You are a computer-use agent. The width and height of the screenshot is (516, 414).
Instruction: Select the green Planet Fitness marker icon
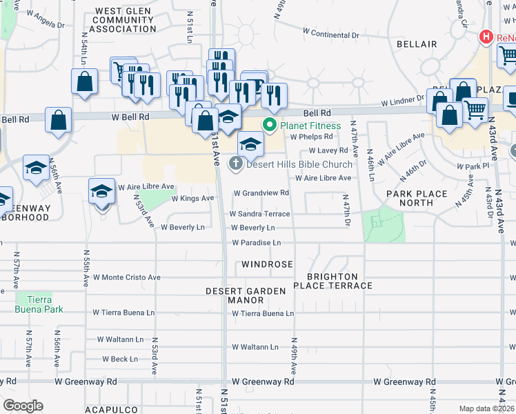pyautogui.click(x=269, y=125)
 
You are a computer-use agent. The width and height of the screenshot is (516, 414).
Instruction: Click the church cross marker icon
pyautogui.click(x=236, y=164)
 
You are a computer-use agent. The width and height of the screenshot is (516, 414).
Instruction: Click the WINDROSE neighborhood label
pyautogui.click(x=267, y=264)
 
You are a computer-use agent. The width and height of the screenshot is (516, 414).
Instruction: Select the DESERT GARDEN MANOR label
pyautogui.click(x=246, y=296)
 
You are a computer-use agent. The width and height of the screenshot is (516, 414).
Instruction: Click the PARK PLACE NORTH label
pyautogui.click(x=416, y=198)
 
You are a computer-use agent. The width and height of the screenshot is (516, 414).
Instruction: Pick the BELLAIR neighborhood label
pyautogui.click(x=417, y=44)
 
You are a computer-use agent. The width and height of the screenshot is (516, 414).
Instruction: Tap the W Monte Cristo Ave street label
pyautogui.click(x=126, y=277)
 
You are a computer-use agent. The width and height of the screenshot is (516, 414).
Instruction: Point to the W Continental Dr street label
pyautogui.click(x=331, y=33)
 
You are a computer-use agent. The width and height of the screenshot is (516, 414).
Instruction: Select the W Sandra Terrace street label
pyautogui.click(x=259, y=214)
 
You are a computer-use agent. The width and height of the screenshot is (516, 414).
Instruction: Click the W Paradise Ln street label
pyautogui.click(x=257, y=243)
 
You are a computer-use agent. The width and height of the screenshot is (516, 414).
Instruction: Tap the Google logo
pyautogui.click(x=23, y=406)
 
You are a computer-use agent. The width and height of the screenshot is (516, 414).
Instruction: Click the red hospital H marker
pyautogui.click(x=486, y=37)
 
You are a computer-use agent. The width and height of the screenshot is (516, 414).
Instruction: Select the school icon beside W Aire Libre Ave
pyautogui.click(x=101, y=190)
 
